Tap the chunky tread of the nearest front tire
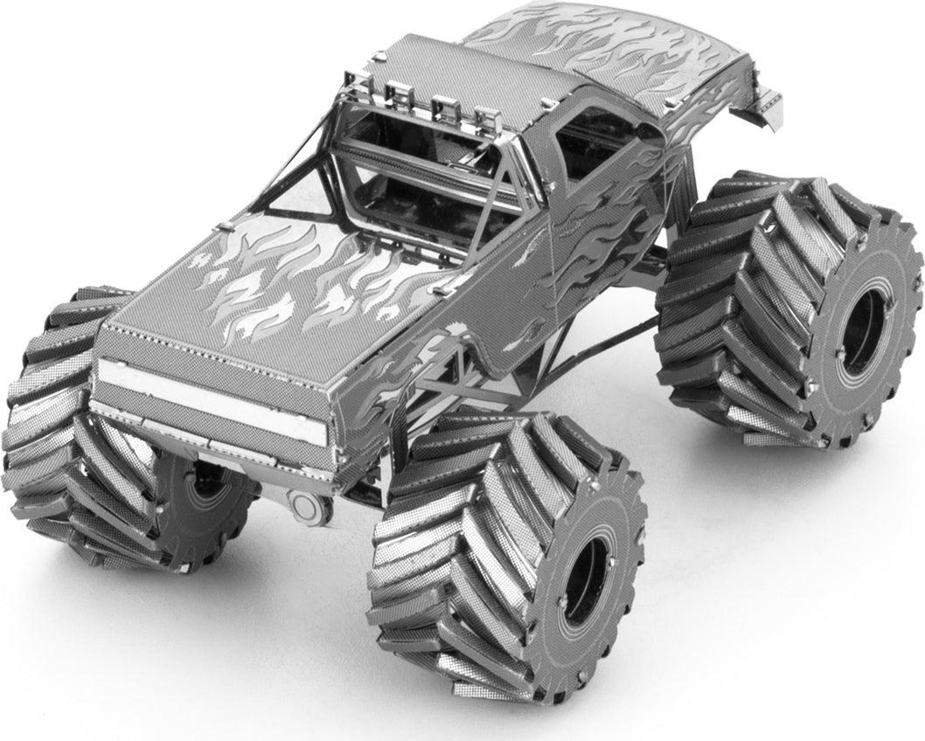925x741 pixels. [455, 542]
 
